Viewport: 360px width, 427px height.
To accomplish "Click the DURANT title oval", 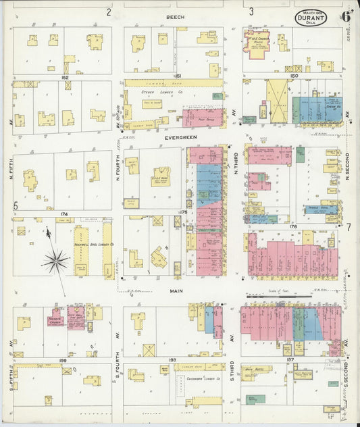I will click(x=311, y=17).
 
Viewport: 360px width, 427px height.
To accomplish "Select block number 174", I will click(x=64, y=214).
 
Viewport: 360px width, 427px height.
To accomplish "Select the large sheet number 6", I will click(x=345, y=15).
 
